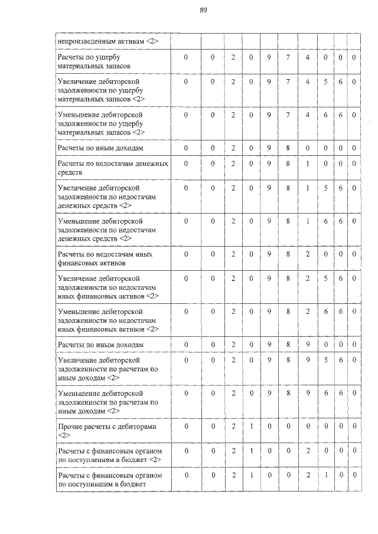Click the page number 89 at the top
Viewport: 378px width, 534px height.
coord(203,10)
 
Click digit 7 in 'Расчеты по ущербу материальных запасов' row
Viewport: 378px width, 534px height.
coord(288,57)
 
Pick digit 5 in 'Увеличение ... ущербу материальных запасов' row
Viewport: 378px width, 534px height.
coord(325,81)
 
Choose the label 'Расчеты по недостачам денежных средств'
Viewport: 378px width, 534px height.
coord(112,167)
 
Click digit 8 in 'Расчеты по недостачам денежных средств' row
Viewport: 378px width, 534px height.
coord(288,163)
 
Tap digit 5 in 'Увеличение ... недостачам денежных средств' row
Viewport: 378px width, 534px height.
coord(325,187)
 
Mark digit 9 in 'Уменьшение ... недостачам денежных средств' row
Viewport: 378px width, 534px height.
coord(268,221)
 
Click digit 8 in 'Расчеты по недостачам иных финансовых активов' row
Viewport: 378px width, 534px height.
coord(288,254)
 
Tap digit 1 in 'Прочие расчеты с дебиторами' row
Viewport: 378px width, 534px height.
coord(250,425)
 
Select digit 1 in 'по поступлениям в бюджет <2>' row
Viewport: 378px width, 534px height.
coord(250,450)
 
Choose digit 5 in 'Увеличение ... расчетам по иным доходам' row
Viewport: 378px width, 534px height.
coord(325,359)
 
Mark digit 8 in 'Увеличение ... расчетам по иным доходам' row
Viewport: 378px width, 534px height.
coord(288,359)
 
